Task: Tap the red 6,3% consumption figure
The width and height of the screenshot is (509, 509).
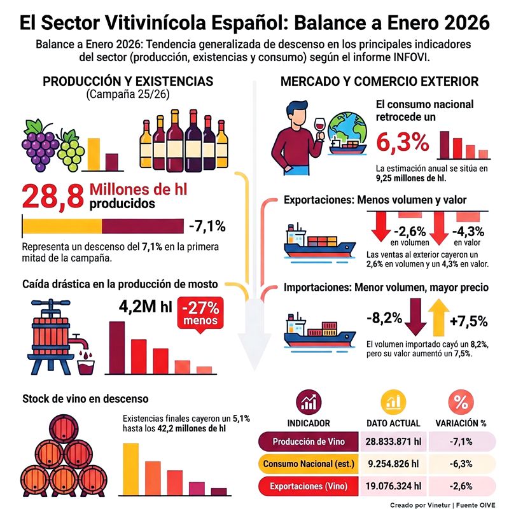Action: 403,143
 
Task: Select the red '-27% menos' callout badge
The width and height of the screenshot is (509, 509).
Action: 200,313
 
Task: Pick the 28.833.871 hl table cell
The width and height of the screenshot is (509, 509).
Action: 393,442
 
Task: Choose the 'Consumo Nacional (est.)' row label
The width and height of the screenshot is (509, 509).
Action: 308,464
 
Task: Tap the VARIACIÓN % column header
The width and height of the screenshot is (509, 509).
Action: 461,422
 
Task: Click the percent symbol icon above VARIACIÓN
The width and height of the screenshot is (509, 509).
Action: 461,401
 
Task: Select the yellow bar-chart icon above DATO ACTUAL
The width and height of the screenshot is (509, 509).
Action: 393,401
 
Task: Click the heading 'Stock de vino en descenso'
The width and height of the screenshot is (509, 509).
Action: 85,398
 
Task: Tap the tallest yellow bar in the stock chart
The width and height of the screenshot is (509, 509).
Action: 130,467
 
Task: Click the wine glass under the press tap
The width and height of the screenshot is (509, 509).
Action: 85,367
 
